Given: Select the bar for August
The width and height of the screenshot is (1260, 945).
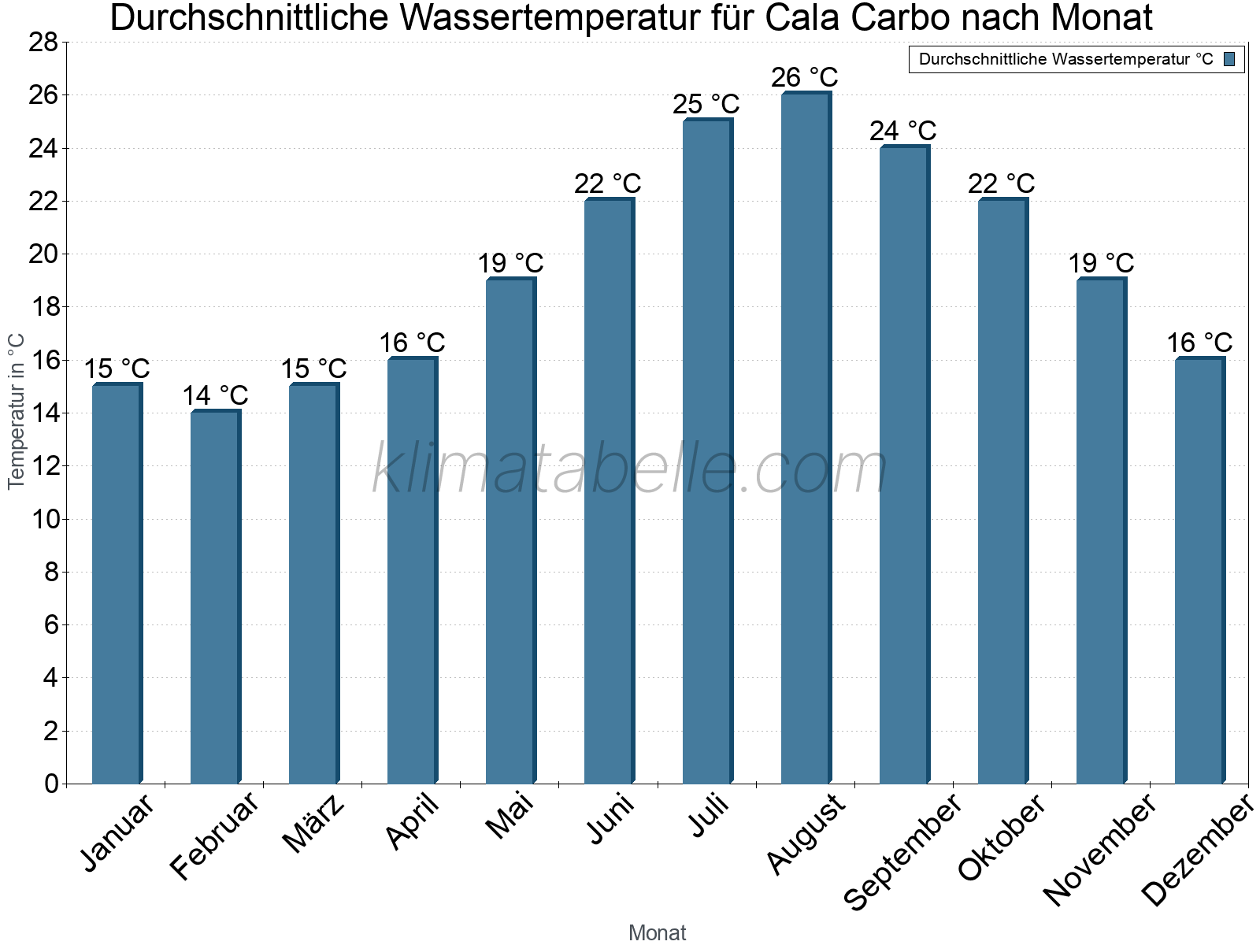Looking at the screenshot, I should tap(806, 438).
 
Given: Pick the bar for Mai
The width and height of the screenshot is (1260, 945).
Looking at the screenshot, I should tap(510, 531).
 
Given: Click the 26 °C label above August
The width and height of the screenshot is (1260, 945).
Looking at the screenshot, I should tap(804, 78).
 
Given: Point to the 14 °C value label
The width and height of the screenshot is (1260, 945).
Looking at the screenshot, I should tap(215, 395).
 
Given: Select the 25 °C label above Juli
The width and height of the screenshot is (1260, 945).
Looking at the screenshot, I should tap(706, 104).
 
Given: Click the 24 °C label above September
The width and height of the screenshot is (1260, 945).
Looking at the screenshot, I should tap(902, 131).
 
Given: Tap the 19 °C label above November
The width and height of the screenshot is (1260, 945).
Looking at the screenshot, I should tap(1100, 263).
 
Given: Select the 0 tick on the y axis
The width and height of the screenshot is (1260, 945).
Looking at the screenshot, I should tap(51, 784).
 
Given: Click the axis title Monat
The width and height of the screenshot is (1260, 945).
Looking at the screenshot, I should tap(657, 932).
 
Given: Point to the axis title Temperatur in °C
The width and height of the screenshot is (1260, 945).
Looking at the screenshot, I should tap(16, 411).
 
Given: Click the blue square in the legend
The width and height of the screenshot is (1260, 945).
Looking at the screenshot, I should tap(1229, 59).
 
